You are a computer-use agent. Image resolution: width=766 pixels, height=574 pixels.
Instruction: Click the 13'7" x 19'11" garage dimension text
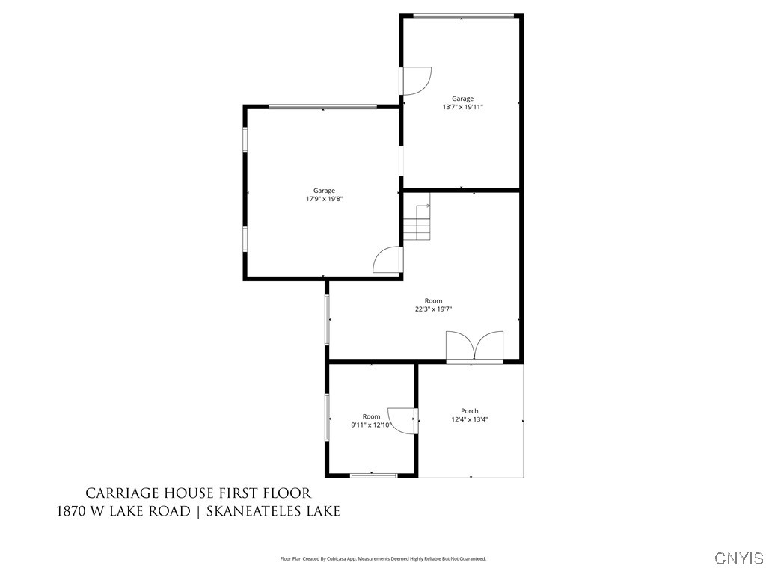[x=462, y=107]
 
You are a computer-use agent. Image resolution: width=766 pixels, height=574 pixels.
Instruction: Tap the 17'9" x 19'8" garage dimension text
[x=324, y=199]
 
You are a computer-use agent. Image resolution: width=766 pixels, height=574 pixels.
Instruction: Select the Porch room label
[x=469, y=411]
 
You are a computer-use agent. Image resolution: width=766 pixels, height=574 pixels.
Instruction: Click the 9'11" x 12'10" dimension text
[x=371, y=425]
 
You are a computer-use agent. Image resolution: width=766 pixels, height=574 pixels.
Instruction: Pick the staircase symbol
[x=417, y=222]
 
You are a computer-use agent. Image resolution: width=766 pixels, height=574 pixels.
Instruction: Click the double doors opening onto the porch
[x=474, y=348]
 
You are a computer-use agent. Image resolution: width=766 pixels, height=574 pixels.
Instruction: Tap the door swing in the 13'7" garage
[x=416, y=81]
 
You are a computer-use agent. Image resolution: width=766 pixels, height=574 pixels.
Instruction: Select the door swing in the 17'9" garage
[x=387, y=259]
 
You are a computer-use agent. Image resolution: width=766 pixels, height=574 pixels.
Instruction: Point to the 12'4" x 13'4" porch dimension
[x=470, y=419]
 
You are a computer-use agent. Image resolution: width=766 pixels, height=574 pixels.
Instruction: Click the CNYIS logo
[x=739, y=558]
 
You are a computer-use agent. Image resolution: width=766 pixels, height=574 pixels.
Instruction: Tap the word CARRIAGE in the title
[x=121, y=493]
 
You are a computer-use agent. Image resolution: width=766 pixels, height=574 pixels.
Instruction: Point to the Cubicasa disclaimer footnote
[x=383, y=558]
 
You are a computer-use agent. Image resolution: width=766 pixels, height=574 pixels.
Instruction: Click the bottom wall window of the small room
[x=373, y=475]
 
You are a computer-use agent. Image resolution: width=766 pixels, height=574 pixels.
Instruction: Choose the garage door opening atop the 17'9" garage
[x=322, y=107]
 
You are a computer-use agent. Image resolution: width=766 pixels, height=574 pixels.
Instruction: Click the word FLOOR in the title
[x=285, y=493]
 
